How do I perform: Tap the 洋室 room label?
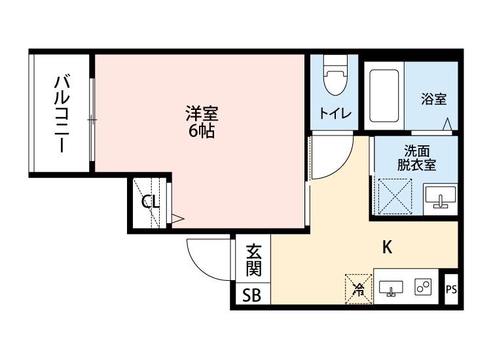click(x=200, y=113)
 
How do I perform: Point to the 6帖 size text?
click(x=200, y=130)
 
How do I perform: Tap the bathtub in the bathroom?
click(x=384, y=96)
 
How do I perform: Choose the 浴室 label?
click(x=433, y=99)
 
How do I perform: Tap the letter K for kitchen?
click(x=387, y=247)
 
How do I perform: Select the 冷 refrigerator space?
click(x=358, y=289)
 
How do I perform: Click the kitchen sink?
click(x=391, y=288)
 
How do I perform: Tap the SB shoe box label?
click(x=251, y=296)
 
